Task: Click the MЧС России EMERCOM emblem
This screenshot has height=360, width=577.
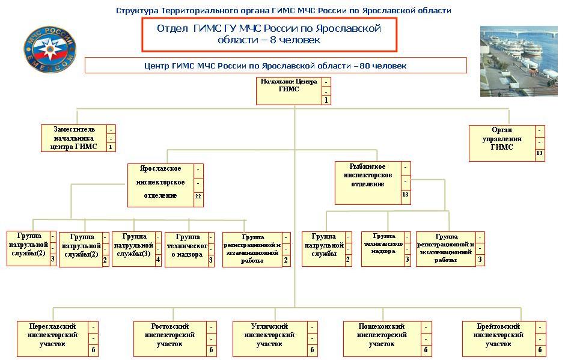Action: (50, 46)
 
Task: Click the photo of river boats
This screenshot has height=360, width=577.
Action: (519, 61)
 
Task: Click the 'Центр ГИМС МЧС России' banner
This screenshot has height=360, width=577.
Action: (275, 65)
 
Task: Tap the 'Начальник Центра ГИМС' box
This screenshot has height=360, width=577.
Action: (289, 90)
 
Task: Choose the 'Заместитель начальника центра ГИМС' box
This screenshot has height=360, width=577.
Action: (74, 138)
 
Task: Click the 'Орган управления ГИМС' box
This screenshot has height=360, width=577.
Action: (502, 142)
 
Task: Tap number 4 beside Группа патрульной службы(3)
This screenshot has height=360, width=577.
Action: (158, 260)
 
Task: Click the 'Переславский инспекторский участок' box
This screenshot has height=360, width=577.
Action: (53, 339)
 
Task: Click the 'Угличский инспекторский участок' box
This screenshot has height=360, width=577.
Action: (269, 339)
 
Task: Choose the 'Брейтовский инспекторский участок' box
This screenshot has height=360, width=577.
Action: (498, 339)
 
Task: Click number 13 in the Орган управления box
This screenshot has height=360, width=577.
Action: (539, 154)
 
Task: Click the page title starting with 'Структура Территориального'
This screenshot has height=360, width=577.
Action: (283, 10)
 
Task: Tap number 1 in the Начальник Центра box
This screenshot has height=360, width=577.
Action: (326, 100)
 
